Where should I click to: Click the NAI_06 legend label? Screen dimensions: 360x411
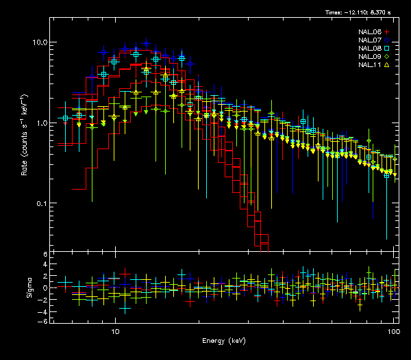click(370, 32)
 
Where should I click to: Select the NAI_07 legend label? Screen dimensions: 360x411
click(370, 40)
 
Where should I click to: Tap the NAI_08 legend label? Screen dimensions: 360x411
click(370, 49)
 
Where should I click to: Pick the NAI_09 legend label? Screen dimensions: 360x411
click(370, 57)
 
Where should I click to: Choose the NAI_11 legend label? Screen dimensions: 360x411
click(370, 65)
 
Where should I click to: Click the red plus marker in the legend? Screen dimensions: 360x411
click(387, 32)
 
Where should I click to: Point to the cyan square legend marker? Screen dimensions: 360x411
click(387, 49)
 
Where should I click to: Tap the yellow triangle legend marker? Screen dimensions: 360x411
click(387, 65)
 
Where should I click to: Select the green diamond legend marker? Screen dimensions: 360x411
click(387, 57)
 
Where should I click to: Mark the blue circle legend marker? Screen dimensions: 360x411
click(387, 40)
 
